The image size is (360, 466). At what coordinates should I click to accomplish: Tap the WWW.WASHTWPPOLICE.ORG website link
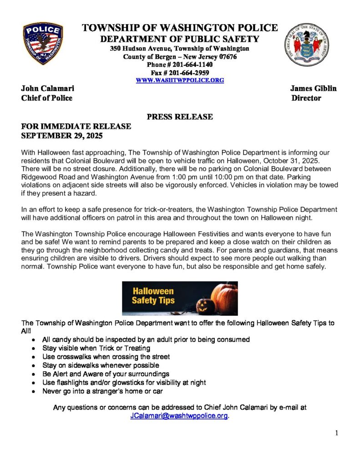(180, 80)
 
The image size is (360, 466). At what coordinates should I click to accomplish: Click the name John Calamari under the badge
(48, 88)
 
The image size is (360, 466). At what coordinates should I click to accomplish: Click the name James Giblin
(313, 88)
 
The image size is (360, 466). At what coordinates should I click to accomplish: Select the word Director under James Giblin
(306, 98)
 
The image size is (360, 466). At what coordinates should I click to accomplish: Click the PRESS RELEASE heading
(180, 117)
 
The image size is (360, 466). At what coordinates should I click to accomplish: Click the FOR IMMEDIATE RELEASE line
(76, 126)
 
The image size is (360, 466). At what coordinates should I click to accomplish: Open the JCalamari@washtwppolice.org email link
(178, 415)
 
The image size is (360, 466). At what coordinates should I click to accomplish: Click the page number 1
(336, 433)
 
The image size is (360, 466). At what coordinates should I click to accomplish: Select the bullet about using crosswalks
(106, 356)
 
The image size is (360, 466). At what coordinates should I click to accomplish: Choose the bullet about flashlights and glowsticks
(124, 382)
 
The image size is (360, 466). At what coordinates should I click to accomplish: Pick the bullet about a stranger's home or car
(102, 391)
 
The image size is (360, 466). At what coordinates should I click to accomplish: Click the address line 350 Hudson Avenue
(179, 49)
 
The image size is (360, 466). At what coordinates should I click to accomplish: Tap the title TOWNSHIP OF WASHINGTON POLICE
(180, 28)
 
